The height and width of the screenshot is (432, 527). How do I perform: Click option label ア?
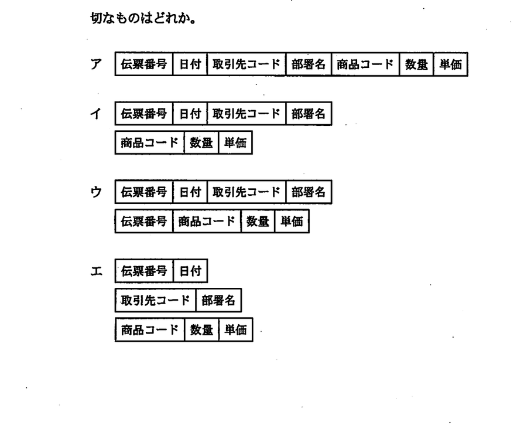[96, 64]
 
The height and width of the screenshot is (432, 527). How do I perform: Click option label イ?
[96, 113]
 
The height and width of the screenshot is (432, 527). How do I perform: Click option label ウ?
[96, 192]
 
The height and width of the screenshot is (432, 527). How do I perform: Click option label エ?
[96, 271]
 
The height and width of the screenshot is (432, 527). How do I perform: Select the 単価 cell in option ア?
[451, 64]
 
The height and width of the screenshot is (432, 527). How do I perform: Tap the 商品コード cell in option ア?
[365, 64]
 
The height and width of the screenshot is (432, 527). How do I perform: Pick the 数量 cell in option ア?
[416, 64]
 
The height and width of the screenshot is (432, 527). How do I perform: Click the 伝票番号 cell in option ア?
[144, 64]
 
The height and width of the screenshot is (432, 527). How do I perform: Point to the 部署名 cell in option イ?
[309, 113]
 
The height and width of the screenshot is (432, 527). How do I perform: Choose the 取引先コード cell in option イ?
[247, 113]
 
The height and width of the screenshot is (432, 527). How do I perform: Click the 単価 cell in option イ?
[235, 142]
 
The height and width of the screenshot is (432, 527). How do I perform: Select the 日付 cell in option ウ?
[190, 192]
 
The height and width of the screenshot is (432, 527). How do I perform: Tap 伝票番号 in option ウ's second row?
[144, 222]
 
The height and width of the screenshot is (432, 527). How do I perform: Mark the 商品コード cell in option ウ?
[207, 222]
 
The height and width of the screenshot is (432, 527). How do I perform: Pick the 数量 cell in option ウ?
[258, 222]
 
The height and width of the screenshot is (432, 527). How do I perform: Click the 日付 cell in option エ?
[190, 271]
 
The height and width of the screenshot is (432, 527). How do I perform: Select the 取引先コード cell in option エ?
[155, 300]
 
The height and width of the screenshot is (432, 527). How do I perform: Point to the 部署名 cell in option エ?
[218, 300]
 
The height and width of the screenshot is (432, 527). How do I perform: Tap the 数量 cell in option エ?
[201, 330]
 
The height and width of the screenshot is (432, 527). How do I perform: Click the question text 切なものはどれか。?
[143, 18]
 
